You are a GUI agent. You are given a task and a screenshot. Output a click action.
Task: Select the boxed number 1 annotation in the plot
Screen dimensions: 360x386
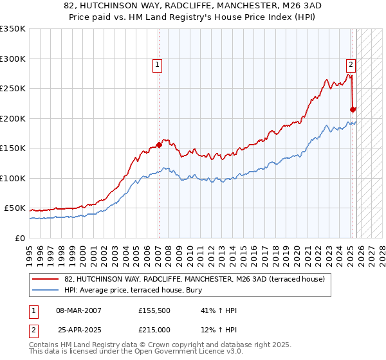coord(158,64)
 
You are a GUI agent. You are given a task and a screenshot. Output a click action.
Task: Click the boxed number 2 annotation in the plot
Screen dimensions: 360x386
coord(351,64)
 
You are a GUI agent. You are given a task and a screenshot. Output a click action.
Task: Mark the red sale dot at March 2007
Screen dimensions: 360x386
coord(159,145)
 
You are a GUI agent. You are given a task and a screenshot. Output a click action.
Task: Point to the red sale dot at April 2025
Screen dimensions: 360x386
coord(353,109)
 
